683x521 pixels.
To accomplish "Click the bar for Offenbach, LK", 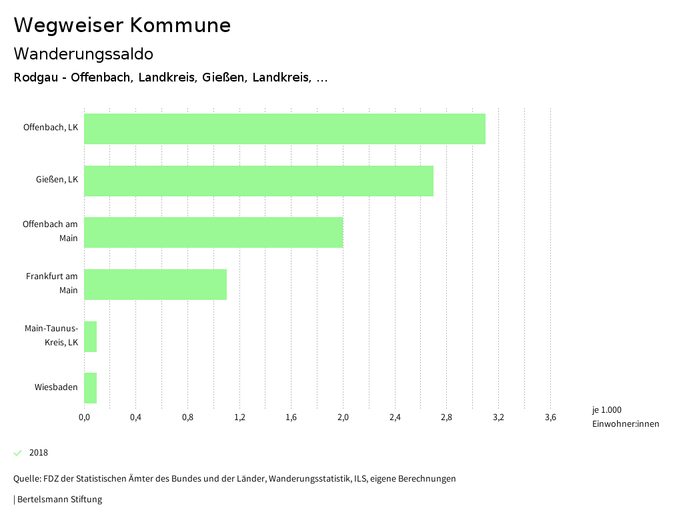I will coord(285,129).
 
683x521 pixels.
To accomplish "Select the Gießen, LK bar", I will coord(259,181).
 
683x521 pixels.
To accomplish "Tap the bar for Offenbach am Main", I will coord(213,232).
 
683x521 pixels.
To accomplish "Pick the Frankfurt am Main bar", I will coord(155,285).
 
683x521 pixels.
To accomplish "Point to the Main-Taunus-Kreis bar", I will coord(91,337).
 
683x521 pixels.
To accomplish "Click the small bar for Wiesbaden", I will coord(91,388).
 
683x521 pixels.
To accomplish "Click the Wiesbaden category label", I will coord(56,387).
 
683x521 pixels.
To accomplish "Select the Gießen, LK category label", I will coord(57,180).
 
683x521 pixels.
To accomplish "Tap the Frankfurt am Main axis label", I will coord(52,283).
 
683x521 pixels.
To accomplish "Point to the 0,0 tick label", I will coord(84,418).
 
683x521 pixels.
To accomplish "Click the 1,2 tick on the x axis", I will coord(239,418).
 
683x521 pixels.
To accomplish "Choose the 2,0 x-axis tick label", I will coord(343,418).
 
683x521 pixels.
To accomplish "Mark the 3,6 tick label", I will coord(550,418).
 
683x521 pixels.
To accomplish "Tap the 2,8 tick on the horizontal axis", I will coord(446,418).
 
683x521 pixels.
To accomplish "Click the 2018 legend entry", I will coord(39,453).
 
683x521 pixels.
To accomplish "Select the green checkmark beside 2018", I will coord(18,453).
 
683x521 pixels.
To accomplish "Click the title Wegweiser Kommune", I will coord(122,25).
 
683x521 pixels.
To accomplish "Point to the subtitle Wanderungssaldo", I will coord(83,53).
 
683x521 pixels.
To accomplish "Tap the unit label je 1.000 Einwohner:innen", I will coord(625,417).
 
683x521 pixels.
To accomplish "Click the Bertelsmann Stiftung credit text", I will coord(59,500).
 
